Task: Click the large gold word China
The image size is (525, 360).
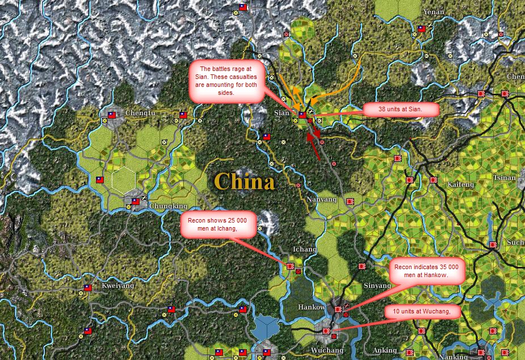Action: tap(245, 182)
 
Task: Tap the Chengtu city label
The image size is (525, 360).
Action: tap(141, 113)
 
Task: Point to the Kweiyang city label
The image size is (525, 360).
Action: tap(117, 286)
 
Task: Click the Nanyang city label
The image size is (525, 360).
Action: tap(321, 200)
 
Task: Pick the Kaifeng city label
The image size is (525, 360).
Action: tap(460, 185)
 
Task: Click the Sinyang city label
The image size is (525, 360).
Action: tap(377, 285)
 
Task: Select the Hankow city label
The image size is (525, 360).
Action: tap(312, 307)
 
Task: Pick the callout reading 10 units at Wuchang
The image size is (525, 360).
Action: tap(422, 311)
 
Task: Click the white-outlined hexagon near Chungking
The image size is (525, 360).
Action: tap(123, 181)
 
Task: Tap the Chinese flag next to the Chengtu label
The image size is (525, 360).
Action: tap(112, 115)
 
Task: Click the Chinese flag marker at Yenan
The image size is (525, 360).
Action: tap(422, 29)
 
